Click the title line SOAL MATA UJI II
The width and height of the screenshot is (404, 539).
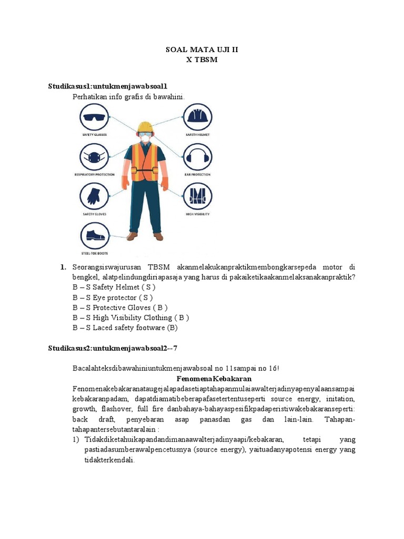[x=201, y=50]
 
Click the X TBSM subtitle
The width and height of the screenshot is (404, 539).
[x=201, y=60]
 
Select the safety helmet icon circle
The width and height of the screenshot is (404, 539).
[x=197, y=117]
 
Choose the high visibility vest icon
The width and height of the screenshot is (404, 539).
[x=197, y=196]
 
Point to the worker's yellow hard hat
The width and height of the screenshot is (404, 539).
[x=144, y=127]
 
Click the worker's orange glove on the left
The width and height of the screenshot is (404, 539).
[x=125, y=182]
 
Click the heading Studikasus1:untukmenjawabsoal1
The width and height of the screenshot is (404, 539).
[x=108, y=86]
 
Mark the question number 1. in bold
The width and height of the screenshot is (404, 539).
[x=64, y=267]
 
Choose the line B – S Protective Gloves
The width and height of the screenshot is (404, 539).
[x=120, y=307]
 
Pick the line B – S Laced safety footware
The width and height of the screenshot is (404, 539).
[x=125, y=327]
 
